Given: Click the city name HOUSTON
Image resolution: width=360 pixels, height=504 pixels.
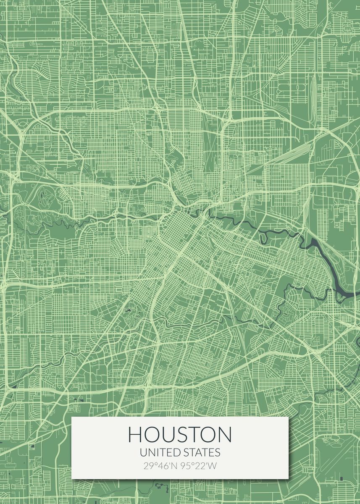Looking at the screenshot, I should coord(180,434).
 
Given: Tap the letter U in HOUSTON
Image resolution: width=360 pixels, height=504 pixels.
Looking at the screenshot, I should coord(168,434).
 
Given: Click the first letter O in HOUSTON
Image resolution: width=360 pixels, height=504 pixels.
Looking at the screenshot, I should coord(151,434).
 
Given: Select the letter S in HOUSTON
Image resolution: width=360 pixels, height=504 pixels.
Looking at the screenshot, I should coord(182,434).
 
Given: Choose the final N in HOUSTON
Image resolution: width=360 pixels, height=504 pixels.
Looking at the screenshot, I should coord(224,434).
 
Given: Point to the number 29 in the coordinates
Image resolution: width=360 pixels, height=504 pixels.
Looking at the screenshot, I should coord(148,465).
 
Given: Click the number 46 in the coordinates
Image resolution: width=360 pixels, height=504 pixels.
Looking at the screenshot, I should coord(162,465).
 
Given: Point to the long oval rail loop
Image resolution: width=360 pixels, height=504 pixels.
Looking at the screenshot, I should coord(313,99).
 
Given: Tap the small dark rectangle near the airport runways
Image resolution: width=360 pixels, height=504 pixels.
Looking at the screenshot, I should coord(341,478).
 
